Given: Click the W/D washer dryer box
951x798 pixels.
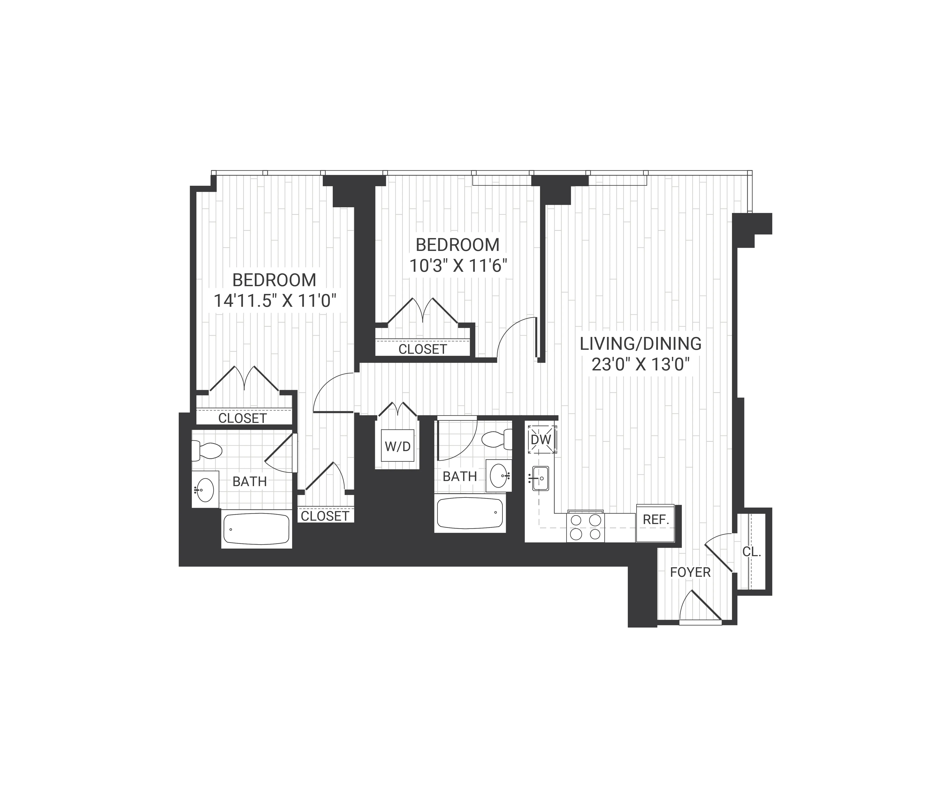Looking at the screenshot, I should (398, 446).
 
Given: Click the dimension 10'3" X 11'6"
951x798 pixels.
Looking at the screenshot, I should (457, 265).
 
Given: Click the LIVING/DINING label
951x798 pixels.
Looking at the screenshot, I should (640, 344).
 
